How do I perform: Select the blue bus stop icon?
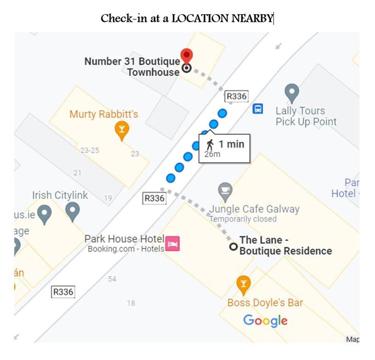click(x=258, y=109)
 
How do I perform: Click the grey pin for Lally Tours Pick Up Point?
click(x=291, y=92)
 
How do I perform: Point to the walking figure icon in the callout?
click(x=210, y=144)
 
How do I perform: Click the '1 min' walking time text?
click(x=231, y=144)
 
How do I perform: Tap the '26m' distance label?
click(x=212, y=154)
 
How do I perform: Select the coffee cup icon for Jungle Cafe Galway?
click(x=225, y=191)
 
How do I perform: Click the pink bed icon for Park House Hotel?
click(x=172, y=244)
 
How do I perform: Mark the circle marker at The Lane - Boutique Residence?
click(x=233, y=247)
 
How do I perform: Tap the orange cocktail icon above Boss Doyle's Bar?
click(x=244, y=285)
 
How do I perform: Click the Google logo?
click(x=265, y=320)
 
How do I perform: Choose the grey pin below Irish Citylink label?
click(x=73, y=211)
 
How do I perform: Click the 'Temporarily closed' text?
click(x=243, y=219)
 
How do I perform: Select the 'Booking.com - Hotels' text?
click(x=126, y=249)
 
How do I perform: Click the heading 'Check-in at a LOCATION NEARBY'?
click(x=187, y=18)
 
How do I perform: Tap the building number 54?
click(x=112, y=279)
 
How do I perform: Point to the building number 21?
click(x=77, y=173)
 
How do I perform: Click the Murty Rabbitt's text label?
click(x=104, y=114)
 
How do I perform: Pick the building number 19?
click(x=108, y=198)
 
